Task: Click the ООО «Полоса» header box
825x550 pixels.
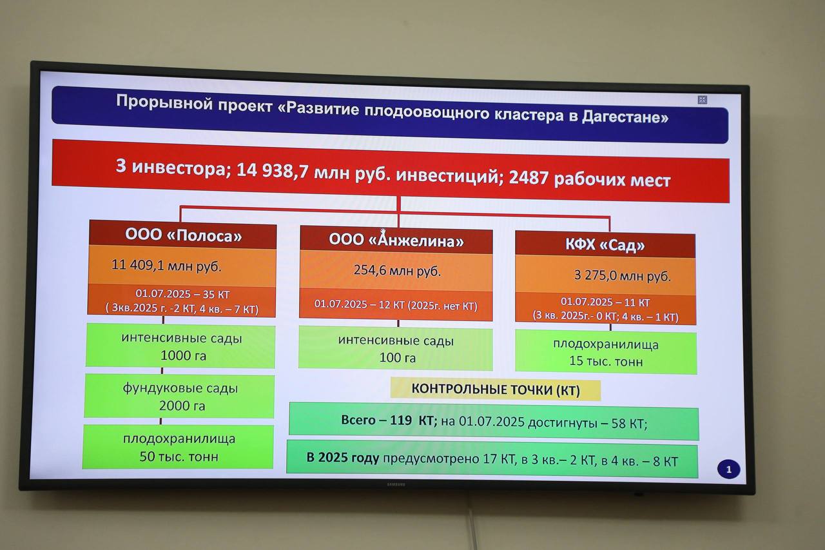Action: pos(182,235)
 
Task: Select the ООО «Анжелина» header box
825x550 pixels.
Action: pos(396,240)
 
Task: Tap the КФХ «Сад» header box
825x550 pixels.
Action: pos(605,244)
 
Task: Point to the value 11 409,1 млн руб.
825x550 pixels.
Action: pos(166,265)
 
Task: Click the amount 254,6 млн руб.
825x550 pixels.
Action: pos(397,270)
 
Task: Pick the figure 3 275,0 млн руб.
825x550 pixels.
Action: pos(623,275)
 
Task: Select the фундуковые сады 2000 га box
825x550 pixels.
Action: pos(179,396)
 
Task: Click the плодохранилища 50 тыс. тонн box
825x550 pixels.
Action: pos(178,447)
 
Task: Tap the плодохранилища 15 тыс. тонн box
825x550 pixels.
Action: pos(606,353)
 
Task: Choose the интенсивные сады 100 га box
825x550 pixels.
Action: pos(396,348)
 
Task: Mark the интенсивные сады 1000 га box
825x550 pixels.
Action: pos(180,346)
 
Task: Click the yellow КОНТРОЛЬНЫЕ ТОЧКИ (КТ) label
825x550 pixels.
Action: pos(496,389)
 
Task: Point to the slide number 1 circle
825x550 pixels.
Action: pos(728,469)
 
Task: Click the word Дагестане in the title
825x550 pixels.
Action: pos(625,117)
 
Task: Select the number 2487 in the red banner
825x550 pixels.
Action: pos(529,177)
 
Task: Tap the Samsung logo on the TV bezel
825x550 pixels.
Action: pos(396,485)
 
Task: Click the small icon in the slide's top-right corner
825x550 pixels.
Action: pos(703,100)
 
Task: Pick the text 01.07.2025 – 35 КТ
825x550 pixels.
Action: pos(182,294)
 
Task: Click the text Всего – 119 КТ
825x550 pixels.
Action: pos(389,420)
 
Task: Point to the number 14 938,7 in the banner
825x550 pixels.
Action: pos(272,171)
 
